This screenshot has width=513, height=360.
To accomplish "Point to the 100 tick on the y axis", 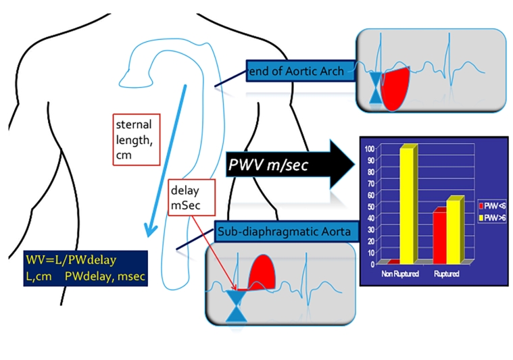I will [369, 148].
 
